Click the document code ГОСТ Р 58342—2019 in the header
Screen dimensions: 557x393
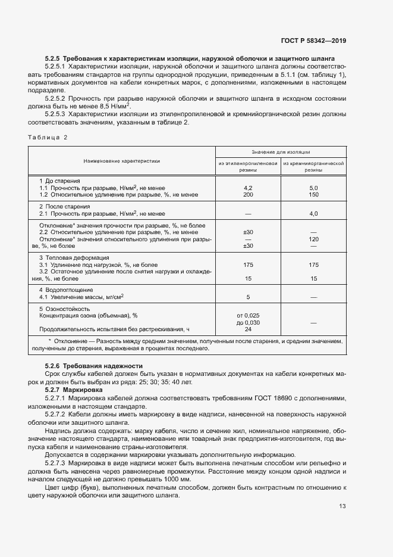pyautogui.click(x=313, y=41)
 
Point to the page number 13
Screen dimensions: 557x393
pyautogui.click(x=342, y=522)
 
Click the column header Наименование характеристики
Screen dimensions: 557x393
pyautogui.click(x=122, y=161)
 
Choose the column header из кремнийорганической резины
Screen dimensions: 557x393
pyautogui.click(x=313, y=166)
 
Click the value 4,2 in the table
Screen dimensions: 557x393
pyautogui.click(x=249, y=188)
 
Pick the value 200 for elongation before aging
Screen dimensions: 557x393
pyautogui.click(x=249, y=194)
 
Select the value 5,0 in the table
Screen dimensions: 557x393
pyautogui.click(x=313, y=188)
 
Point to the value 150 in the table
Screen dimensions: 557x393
pyautogui.click(x=313, y=194)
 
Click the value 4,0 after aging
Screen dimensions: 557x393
pyautogui.click(x=313, y=213)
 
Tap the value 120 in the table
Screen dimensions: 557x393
pyautogui.click(x=313, y=239)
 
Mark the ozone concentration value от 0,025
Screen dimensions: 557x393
pyautogui.click(x=249, y=316)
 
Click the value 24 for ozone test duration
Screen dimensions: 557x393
pyautogui.click(x=249, y=329)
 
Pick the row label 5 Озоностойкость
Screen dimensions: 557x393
pyautogui.click(x=64, y=309)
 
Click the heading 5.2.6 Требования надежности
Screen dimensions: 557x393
pyautogui.click(x=94, y=365)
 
